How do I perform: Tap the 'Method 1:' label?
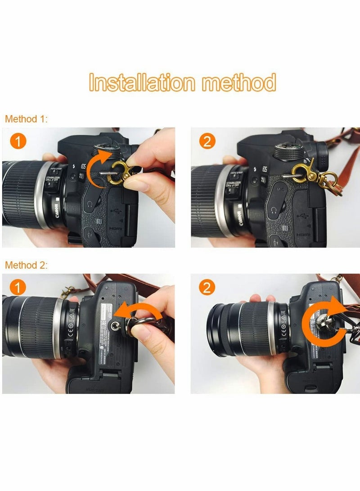[x=26, y=119]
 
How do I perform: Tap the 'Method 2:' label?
[x=26, y=265]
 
